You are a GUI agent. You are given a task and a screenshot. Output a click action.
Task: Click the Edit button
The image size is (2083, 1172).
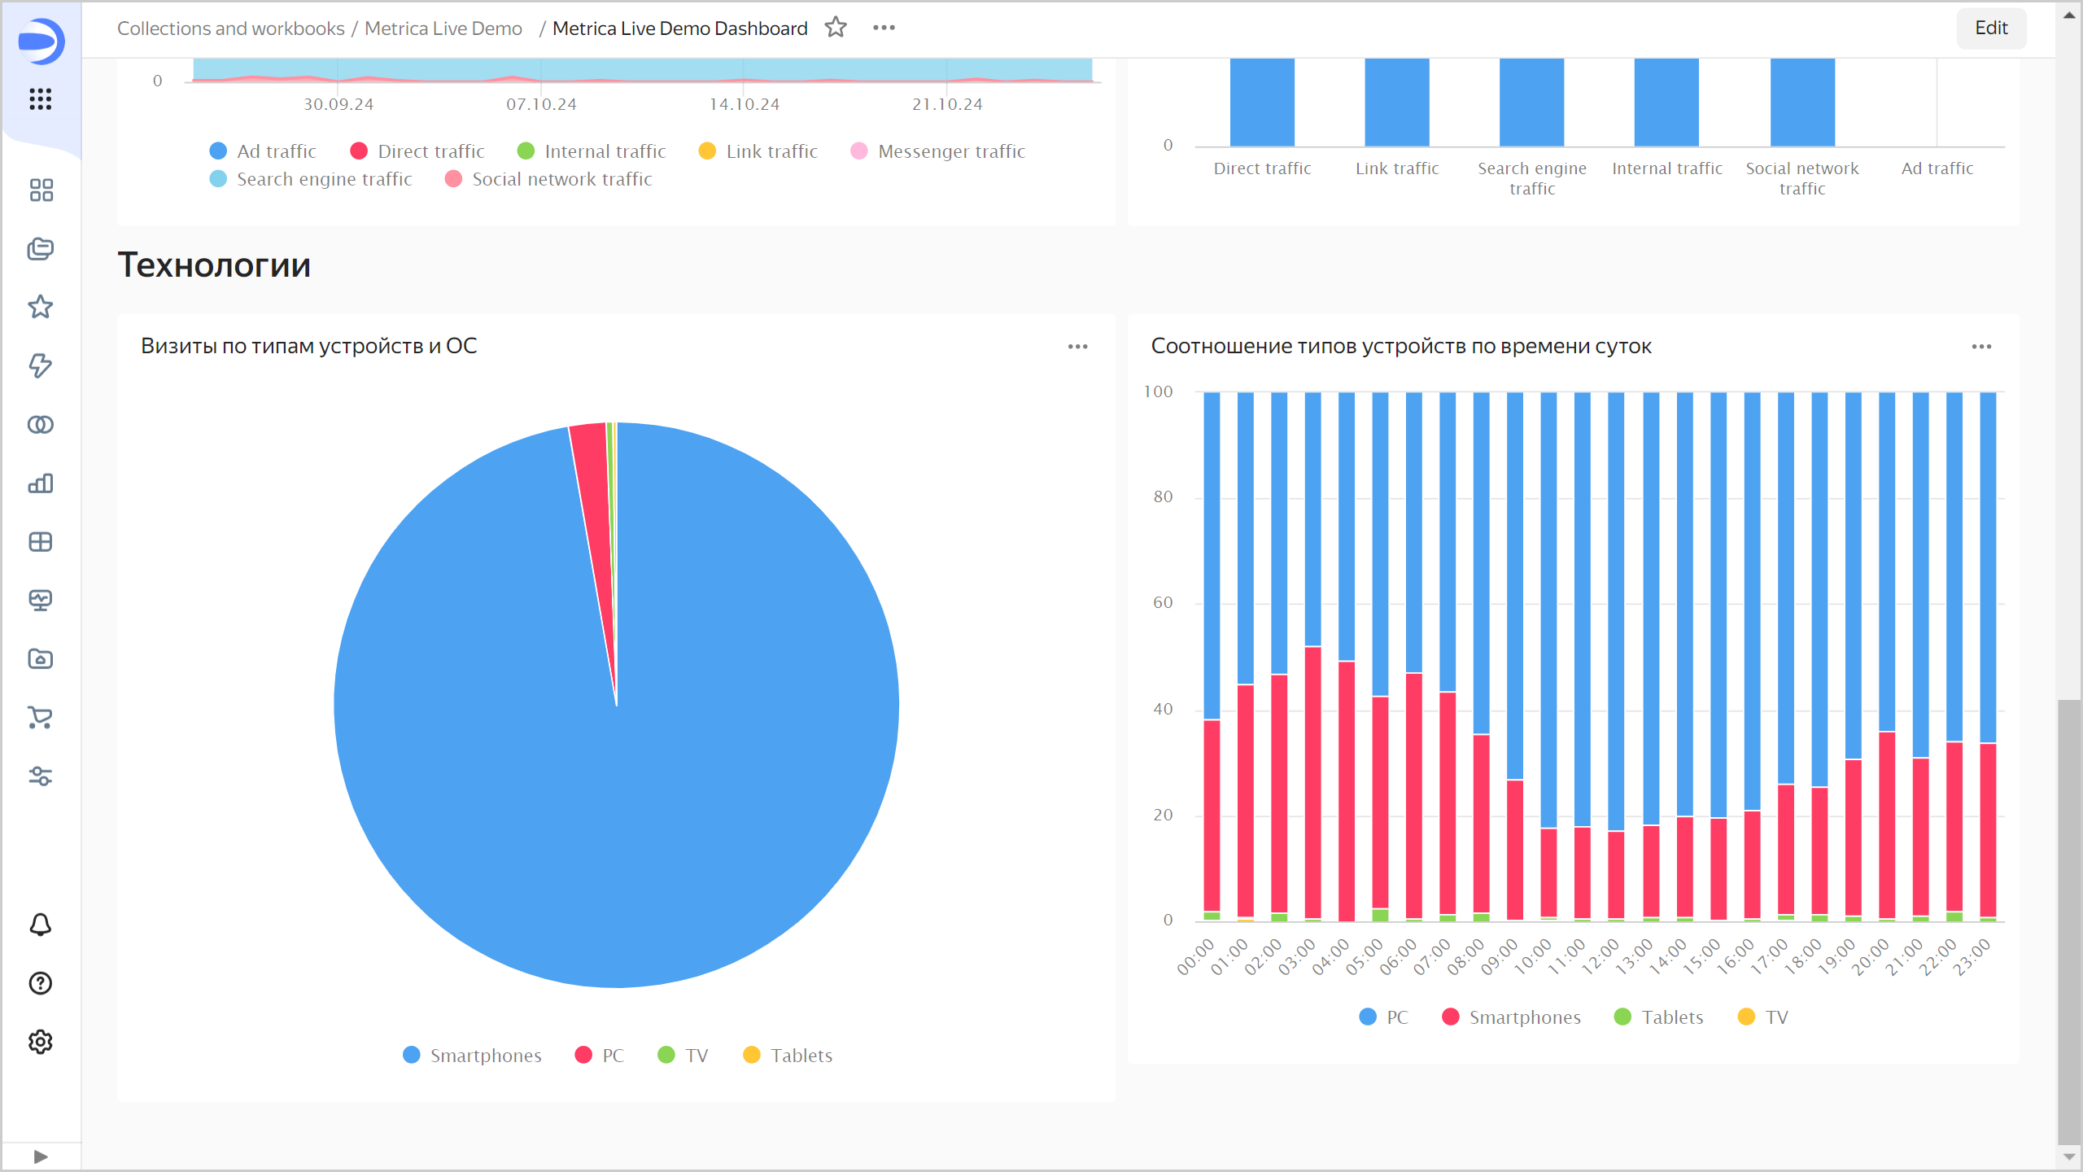1990,28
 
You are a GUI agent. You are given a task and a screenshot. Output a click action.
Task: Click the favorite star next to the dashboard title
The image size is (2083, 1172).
836,28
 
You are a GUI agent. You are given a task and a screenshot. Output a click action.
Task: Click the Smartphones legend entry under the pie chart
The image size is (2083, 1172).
472,1056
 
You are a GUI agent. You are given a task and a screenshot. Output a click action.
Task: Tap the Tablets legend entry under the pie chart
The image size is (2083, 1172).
788,1056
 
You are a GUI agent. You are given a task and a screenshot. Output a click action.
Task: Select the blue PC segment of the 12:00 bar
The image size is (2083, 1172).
1616,610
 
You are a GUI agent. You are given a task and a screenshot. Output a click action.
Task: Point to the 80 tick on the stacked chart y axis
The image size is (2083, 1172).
1163,496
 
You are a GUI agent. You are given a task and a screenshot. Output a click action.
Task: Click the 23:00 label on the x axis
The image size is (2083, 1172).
1972,956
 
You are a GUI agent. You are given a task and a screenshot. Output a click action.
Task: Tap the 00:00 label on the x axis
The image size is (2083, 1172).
1195,956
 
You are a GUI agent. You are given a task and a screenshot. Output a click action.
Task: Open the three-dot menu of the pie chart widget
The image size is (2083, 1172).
1077,347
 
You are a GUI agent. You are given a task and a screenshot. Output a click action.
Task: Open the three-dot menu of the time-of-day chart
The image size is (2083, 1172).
1981,347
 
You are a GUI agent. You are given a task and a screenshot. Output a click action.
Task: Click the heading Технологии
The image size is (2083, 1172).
214,265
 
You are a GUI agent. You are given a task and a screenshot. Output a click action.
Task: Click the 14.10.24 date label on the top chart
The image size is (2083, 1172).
744,104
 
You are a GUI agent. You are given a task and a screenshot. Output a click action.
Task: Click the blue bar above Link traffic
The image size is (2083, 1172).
1397,102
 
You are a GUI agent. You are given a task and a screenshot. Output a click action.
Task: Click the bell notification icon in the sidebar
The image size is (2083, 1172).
41,925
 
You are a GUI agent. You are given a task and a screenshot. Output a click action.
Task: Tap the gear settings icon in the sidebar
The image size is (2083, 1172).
41,1042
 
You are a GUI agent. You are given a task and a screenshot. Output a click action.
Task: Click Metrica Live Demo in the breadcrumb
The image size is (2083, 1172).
443,28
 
